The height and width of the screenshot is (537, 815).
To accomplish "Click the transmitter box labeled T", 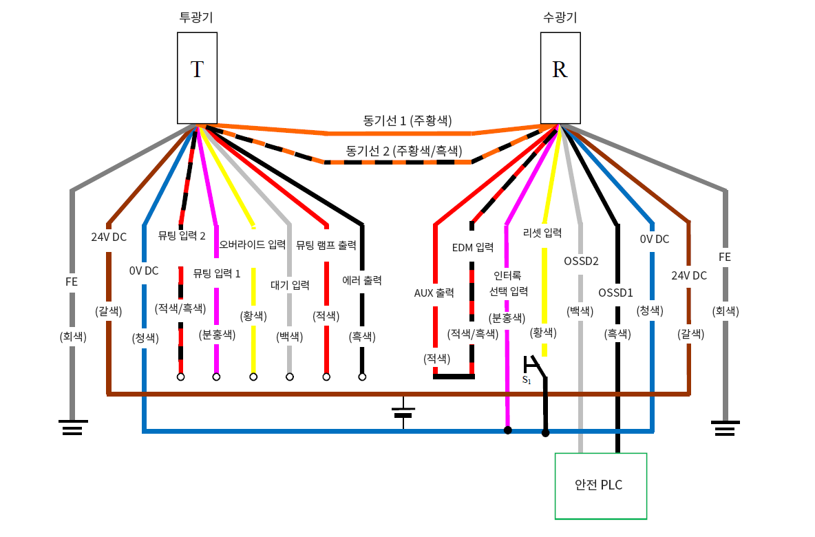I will pyautogui.click(x=197, y=78).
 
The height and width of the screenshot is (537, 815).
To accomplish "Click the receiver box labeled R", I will pyautogui.click(x=560, y=78).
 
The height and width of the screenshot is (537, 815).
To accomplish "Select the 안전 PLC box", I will pyautogui.click(x=601, y=485).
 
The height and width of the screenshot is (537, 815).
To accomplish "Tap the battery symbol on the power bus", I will pyautogui.click(x=403, y=412).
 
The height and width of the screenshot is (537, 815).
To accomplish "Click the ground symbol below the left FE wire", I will pyautogui.click(x=72, y=428).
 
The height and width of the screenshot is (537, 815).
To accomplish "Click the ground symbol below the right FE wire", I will pyautogui.click(x=725, y=428).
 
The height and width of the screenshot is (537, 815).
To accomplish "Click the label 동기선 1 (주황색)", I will pyautogui.click(x=407, y=120).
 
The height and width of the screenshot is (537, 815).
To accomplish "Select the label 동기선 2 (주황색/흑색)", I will pyautogui.click(x=403, y=150).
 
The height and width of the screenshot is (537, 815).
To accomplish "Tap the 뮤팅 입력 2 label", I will pyautogui.click(x=182, y=235).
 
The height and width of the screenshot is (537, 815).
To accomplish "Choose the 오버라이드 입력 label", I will pyautogui.click(x=253, y=244).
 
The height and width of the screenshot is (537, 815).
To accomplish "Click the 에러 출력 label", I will pyautogui.click(x=362, y=280).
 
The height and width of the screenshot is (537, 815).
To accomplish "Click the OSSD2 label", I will pyautogui.click(x=581, y=261).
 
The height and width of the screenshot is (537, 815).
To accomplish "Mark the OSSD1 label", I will pyautogui.click(x=615, y=293).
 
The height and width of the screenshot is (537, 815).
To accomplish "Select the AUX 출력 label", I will pyautogui.click(x=434, y=293).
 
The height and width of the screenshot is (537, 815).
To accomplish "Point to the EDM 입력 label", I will pyautogui.click(x=473, y=247).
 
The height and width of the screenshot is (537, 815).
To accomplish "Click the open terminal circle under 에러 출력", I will pyautogui.click(x=362, y=377).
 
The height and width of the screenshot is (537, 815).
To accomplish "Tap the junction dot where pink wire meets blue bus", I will pyautogui.click(x=507, y=431).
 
